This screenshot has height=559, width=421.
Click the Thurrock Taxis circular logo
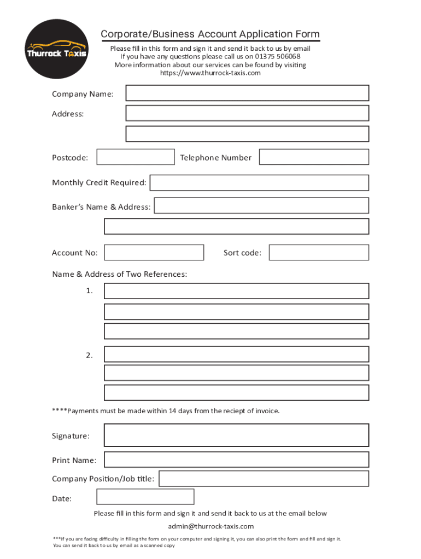pyautogui.click(x=57, y=49)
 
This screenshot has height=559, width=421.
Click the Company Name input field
pyautogui.click(x=247, y=93)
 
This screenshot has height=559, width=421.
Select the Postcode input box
pyautogui.click(x=136, y=157)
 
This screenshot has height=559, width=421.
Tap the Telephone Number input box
pyautogui.click(x=314, y=157)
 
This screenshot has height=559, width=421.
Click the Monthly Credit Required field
pyautogui.click(x=259, y=182)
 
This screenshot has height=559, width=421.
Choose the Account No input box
pyautogui.click(x=154, y=252)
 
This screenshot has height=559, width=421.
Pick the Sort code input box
pyautogui.click(x=319, y=252)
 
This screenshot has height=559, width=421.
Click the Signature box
pyautogui.click(x=236, y=435)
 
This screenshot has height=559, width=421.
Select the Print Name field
pyautogui.click(x=236, y=460)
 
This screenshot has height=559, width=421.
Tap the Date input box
pyautogui.click(x=145, y=497)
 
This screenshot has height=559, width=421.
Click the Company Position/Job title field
pyautogui.click(x=264, y=479)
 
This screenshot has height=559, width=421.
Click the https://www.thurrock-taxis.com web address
pyautogui.click(x=210, y=73)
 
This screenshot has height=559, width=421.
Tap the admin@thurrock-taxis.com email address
pyautogui.click(x=210, y=526)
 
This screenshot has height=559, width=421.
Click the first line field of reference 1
pyautogui.click(x=236, y=291)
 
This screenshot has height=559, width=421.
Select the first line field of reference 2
pyautogui.click(x=236, y=354)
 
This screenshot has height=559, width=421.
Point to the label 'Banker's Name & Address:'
pyautogui.click(x=101, y=207)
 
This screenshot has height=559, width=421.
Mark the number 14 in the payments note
pyautogui.click(x=172, y=411)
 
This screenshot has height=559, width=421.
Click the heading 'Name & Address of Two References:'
pyautogui.click(x=119, y=274)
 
